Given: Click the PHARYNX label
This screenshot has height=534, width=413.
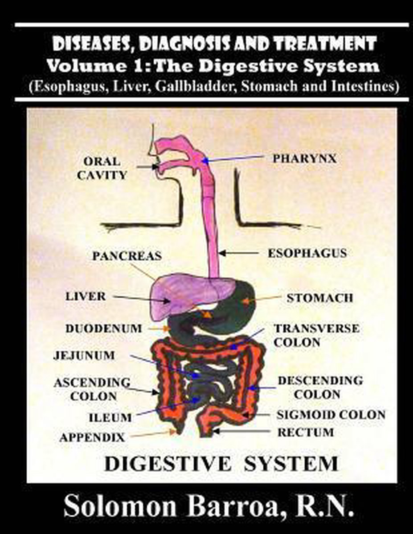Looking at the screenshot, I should coord(304,158).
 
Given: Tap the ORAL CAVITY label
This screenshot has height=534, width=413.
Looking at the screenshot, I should coord(102,168).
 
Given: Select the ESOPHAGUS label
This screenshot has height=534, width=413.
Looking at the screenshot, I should coord(307,253).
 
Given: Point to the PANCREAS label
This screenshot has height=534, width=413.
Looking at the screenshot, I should coord(127,256).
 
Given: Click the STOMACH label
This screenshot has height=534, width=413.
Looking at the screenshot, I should coord(319,298).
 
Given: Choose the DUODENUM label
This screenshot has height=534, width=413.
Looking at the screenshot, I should coord(103,329).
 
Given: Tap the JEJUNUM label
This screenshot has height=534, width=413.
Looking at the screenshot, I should coord(84,356).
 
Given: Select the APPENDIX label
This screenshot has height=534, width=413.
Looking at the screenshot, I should coord(92,437).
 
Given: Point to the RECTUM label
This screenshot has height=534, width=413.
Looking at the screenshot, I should coord(305,432).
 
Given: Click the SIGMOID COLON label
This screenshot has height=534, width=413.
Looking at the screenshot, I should coord(331,415).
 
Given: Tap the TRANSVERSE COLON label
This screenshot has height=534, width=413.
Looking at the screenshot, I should coord(316,336).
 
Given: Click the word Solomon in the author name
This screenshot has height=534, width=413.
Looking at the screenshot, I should coord(115,507).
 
